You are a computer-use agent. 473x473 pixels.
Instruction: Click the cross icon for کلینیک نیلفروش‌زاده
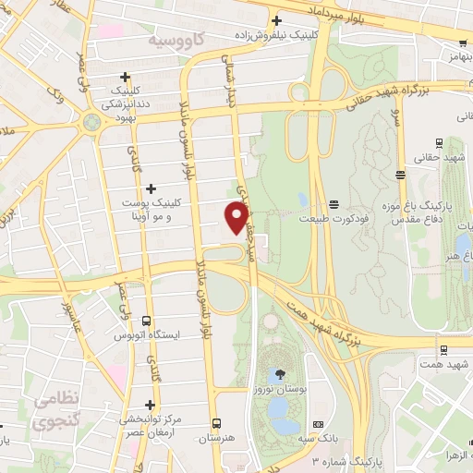(276, 20)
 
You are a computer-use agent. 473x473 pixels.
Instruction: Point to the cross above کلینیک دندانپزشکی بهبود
(126, 78)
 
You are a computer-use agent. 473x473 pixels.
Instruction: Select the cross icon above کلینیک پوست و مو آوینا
(151, 188)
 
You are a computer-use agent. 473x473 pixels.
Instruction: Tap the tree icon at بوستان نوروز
(277, 373)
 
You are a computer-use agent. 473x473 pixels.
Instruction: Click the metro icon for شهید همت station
(444, 350)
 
